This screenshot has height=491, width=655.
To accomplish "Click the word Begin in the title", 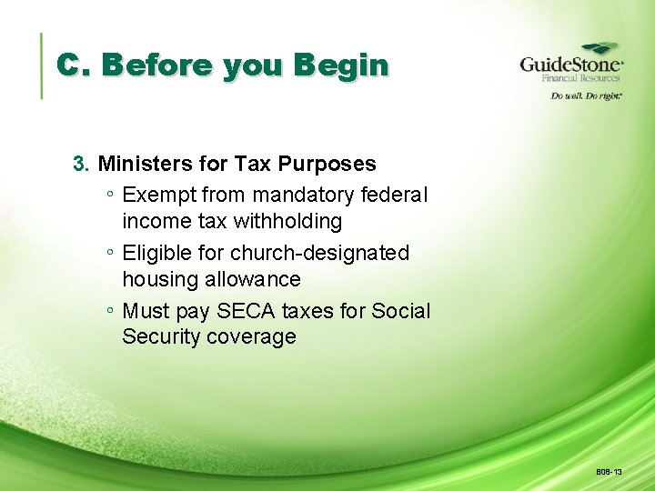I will (339, 65).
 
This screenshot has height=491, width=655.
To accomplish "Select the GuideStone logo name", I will (570, 65).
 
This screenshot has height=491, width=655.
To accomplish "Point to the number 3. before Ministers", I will (82, 165).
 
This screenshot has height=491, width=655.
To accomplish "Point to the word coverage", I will (251, 337).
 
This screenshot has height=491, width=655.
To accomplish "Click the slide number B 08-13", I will (609, 472).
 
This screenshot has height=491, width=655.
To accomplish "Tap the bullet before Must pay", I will (109, 311).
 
